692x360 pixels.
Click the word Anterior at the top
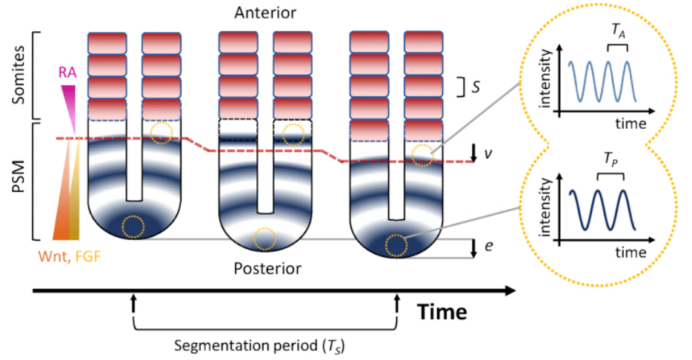(265, 14)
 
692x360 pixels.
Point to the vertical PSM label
(13, 182)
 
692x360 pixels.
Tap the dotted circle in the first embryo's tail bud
(133, 227)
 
